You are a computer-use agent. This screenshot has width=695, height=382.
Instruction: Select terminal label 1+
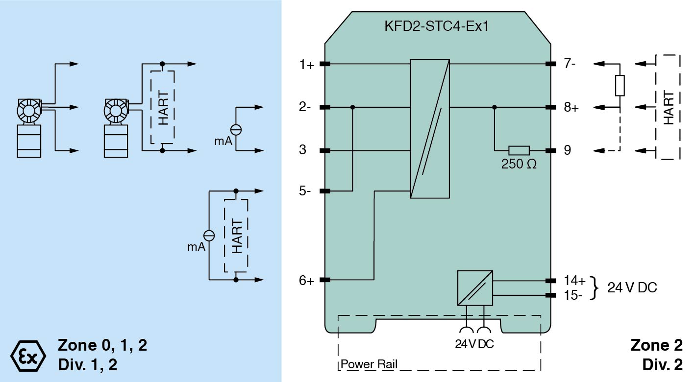(x=306, y=64)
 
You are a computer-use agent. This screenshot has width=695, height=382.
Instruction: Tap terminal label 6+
(x=306, y=281)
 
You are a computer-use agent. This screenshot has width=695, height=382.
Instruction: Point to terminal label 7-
(x=570, y=64)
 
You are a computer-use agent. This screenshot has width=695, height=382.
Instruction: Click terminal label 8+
(x=571, y=107)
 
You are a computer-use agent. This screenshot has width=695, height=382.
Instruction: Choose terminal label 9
(x=567, y=150)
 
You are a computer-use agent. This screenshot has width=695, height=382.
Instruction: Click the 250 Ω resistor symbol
(x=519, y=150)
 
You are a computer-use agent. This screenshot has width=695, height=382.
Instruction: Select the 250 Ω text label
(x=519, y=164)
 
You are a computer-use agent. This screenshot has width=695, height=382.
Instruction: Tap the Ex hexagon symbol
(x=28, y=354)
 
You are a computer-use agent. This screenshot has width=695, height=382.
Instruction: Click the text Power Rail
(x=369, y=364)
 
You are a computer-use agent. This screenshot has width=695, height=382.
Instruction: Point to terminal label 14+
(x=574, y=281)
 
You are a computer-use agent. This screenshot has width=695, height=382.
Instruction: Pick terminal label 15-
(x=573, y=295)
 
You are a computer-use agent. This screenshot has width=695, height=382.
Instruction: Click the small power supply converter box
(x=475, y=287)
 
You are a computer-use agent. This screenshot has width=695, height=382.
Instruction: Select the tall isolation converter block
(x=430, y=128)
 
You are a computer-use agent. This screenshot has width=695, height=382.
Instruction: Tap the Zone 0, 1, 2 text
(x=102, y=345)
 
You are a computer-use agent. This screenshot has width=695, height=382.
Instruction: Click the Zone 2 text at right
(x=656, y=345)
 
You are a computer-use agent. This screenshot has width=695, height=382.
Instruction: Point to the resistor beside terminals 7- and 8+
(x=620, y=86)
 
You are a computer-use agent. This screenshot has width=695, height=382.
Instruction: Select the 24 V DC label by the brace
(x=632, y=287)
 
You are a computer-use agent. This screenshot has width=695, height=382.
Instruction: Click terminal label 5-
(x=305, y=191)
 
